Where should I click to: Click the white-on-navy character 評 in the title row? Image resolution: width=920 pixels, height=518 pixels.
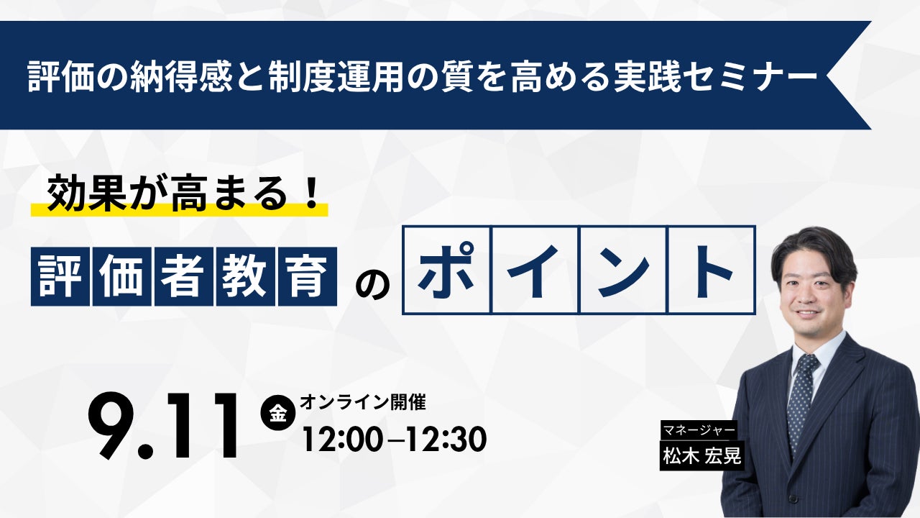click(60, 276)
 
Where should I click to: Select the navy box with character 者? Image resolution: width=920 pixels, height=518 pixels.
click(184, 276)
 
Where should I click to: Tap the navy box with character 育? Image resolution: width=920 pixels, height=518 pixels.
click(308, 276)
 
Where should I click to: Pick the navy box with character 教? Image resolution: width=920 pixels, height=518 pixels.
click(246, 276)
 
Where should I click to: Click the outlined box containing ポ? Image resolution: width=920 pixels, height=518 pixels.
click(447, 270)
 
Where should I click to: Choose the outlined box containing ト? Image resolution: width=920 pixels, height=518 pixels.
click(712, 270)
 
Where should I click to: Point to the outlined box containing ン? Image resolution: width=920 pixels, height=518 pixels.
click(623, 270)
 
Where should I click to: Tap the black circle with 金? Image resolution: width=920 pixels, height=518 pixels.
click(278, 412)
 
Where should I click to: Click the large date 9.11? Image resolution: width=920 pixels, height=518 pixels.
click(163, 427)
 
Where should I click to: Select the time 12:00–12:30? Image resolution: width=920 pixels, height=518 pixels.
click(395, 440)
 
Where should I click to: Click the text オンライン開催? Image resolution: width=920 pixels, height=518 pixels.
click(363, 402)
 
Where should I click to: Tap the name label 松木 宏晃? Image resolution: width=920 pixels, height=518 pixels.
click(702, 455)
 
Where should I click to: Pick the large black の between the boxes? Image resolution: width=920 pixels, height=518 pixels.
click(372, 283)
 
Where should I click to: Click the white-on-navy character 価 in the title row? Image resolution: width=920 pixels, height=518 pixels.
click(122, 276)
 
